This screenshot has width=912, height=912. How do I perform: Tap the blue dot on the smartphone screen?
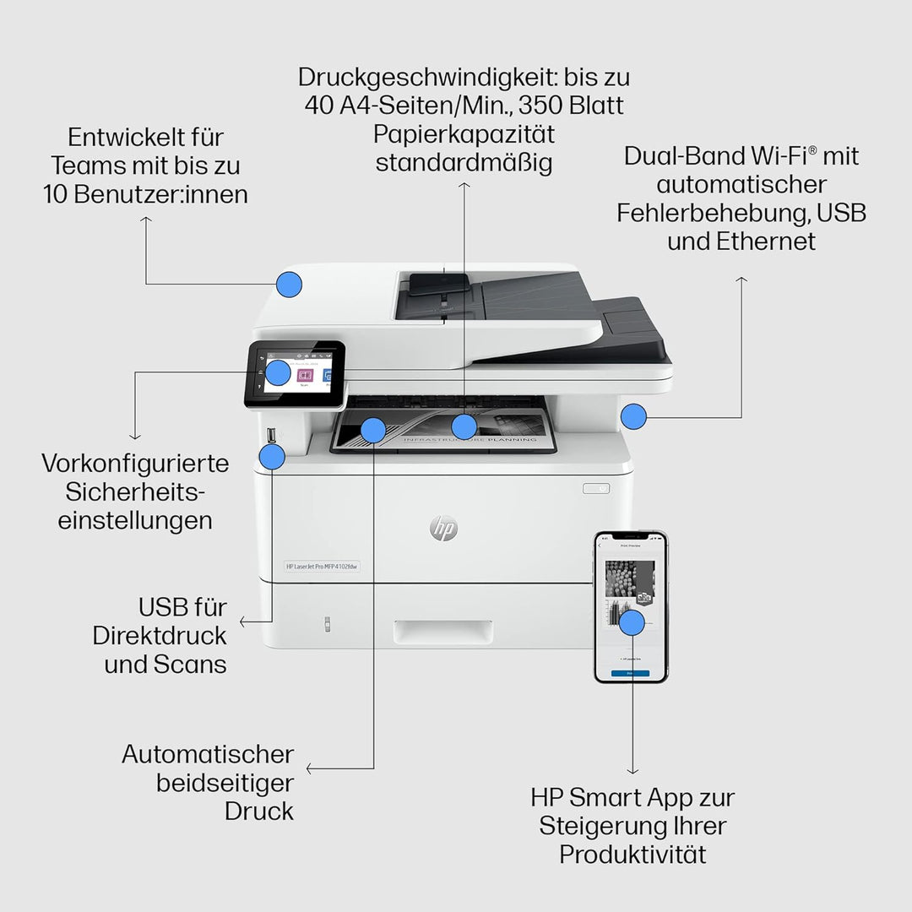tap(632, 623)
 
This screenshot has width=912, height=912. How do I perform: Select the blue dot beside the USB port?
tap(272, 457)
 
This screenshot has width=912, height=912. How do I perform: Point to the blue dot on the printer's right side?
tap(633, 415)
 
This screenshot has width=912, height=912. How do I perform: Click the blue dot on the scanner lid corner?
tap(290, 285)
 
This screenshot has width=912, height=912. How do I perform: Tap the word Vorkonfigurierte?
tap(135, 463)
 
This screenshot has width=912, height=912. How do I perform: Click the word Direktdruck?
tap(160, 635)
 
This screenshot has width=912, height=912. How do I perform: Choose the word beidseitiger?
tap(225, 782)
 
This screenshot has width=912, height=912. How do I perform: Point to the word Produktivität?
tap(632, 854)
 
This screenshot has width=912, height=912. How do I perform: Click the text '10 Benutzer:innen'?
tap(146, 194)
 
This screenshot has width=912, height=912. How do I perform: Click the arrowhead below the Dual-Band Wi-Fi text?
tap(741, 279)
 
